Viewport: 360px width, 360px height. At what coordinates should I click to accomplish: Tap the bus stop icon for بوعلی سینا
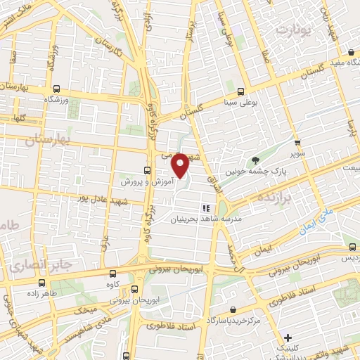point(241,91)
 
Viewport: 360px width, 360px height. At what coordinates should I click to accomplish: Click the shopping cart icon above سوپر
point(297,141)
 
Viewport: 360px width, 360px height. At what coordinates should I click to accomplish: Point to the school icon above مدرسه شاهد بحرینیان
point(206,208)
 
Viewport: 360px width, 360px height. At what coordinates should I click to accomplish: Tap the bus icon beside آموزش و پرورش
point(147,170)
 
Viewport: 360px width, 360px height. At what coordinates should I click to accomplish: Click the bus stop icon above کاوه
point(113,274)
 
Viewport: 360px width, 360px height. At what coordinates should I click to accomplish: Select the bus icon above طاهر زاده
point(39,284)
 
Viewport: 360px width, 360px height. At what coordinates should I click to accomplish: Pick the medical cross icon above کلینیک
point(288,337)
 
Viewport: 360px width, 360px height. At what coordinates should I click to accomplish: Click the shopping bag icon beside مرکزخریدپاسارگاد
point(243,309)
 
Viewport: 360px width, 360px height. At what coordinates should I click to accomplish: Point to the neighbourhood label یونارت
point(293,30)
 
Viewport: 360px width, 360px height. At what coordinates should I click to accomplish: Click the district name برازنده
point(303,200)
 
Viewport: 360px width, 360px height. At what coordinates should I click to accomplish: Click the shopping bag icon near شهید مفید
point(351,52)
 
